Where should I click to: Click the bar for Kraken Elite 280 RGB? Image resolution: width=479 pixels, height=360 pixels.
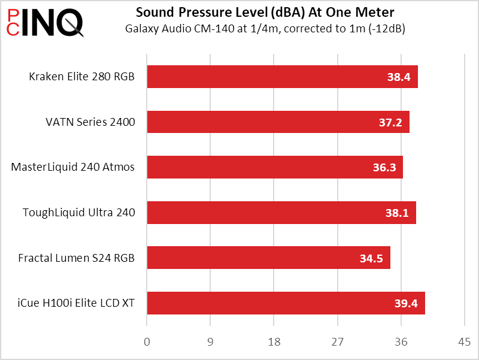(x=282, y=77)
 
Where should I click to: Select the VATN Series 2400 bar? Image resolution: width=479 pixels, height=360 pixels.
(x=278, y=122)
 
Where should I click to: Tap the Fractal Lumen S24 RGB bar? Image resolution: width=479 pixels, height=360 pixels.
(x=268, y=258)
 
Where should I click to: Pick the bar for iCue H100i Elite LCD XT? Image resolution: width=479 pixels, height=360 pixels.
(x=286, y=303)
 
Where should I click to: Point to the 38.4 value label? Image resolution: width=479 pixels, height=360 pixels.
(x=398, y=77)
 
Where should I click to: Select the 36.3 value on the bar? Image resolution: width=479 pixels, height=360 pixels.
(x=384, y=168)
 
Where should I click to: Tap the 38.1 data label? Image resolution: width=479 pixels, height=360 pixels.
(x=397, y=213)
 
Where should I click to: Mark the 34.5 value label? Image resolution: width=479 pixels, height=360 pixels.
(x=371, y=258)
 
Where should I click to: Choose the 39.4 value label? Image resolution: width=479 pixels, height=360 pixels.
(x=406, y=304)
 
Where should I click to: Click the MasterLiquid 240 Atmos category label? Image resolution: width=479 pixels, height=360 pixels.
(x=73, y=167)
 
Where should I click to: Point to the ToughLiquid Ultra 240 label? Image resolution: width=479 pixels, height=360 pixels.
(x=78, y=212)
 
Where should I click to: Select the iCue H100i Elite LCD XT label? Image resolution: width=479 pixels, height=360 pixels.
(x=76, y=303)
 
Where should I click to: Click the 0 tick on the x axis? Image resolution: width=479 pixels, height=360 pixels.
(x=147, y=343)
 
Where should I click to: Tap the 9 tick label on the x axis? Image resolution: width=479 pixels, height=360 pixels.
(x=210, y=343)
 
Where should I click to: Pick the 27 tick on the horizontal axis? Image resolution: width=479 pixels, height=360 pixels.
(x=337, y=343)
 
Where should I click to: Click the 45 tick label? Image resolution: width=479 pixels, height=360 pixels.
(x=464, y=343)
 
